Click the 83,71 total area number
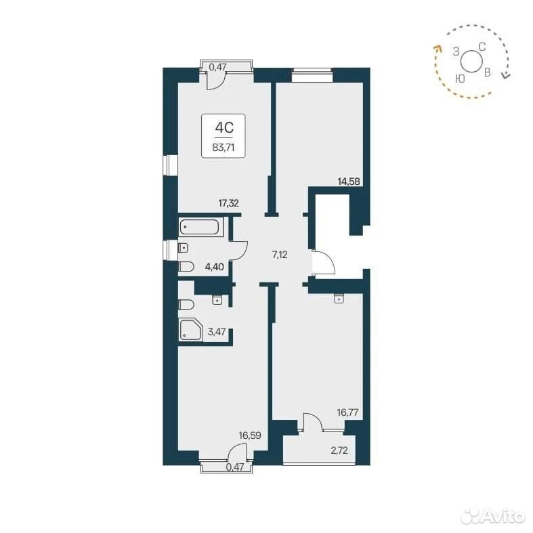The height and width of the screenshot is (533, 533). click(x=223, y=148)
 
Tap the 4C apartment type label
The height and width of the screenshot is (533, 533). click(x=224, y=128)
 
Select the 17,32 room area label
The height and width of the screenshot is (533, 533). click(x=228, y=203)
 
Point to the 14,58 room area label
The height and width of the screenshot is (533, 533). click(x=348, y=182)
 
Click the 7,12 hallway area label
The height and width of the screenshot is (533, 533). click(x=280, y=255)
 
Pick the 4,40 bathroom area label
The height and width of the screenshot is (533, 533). click(x=214, y=267)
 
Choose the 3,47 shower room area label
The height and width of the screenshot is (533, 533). click(x=217, y=331)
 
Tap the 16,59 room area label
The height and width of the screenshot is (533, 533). click(x=249, y=435)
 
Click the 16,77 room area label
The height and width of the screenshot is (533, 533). click(x=347, y=412)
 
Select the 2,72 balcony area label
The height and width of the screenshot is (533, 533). click(x=339, y=451)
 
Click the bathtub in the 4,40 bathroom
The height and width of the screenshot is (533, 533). click(x=200, y=227)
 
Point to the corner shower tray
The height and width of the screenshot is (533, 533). click(x=191, y=330)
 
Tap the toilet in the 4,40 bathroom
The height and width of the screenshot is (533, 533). click(x=186, y=267)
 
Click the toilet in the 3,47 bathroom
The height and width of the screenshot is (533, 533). click(x=186, y=305)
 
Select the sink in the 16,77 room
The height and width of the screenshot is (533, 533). click(x=339, y=299)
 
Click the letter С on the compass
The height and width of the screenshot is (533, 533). click(x=482, y=47)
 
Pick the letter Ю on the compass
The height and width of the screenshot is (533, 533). click(x=460, y=79)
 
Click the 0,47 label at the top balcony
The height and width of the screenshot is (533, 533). click(x=217, y=67)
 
